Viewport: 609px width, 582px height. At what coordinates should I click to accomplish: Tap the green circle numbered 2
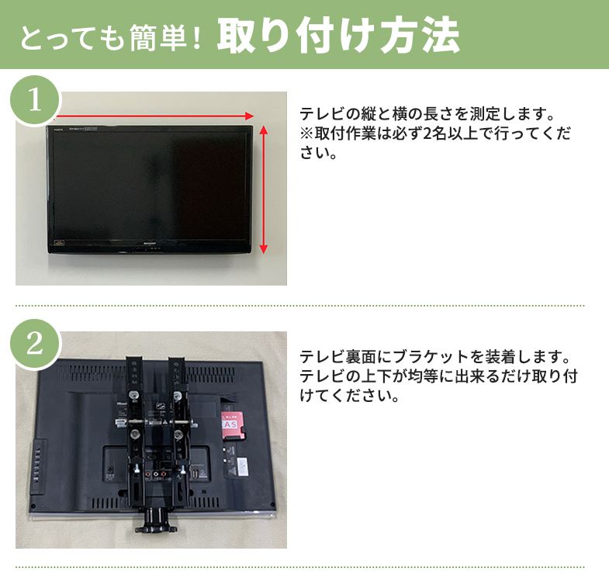tap(34, 344)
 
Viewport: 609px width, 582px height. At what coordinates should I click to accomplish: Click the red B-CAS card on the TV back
tap(231, 425)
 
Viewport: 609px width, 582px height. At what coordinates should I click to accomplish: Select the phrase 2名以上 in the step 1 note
tap(443, 133)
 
